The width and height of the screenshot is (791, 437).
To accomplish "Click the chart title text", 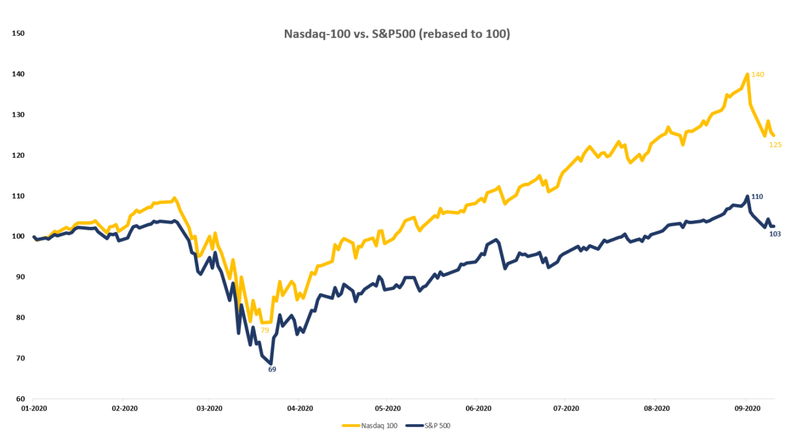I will [x=397, y=34].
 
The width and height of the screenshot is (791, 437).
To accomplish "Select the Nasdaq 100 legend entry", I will [x=370, y=425].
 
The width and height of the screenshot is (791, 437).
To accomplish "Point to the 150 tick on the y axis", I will [x=18, y=33].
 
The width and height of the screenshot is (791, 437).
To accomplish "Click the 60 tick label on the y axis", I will [x=20, y=399].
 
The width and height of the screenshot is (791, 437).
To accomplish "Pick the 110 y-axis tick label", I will [x=18, y=196].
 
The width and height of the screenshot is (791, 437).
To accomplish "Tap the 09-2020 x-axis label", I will [x=746, y=409].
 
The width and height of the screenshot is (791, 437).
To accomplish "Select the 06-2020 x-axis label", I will [x=478, y=409].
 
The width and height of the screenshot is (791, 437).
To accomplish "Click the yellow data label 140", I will [x=758, y=75].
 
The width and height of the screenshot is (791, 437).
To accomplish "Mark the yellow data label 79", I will [x=264, y=330].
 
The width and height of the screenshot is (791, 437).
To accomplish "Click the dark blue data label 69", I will [x=272, y=369].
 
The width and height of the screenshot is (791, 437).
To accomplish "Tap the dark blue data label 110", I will [x=757, y=197].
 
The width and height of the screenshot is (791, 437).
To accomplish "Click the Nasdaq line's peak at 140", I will [x=748, y=74].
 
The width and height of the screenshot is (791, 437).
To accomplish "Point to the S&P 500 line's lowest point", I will [x=271, y=363].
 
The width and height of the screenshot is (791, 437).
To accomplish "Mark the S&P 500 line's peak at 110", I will [x=748, y=197].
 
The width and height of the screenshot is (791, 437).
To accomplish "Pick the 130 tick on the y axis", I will [x=18, y=115].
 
